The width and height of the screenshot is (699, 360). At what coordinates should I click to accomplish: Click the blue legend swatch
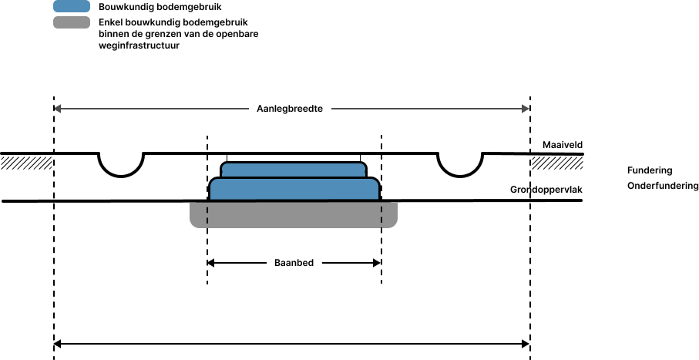pos(72,6)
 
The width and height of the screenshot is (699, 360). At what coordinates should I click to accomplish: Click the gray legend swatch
pos(72,22)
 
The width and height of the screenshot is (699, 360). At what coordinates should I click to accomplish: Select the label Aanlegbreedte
pos(290,109)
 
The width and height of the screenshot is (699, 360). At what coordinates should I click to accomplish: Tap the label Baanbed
pos(294,263)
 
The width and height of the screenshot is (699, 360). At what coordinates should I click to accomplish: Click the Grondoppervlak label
pos(546,190)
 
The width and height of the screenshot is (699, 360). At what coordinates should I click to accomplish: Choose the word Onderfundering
pos(663,186)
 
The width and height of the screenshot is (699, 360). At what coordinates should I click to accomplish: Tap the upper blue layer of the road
pos(294,170)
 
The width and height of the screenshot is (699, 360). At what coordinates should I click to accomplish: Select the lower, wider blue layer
pos(294,189)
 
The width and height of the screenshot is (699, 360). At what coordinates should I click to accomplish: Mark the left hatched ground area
pos(27,163)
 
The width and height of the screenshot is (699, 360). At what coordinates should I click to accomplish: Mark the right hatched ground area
pos(556,163)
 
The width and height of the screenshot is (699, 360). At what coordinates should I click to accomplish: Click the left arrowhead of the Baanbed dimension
pos(210,263)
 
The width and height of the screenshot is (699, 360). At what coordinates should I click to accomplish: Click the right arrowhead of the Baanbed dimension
pos(377,263)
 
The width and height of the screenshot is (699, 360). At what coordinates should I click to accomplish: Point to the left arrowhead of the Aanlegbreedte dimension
pos(57,109)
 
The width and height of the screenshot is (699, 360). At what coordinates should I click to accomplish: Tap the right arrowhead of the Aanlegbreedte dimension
pos(526,109)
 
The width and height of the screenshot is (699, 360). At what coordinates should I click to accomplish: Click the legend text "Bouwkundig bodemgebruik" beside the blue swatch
pos(160,7)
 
